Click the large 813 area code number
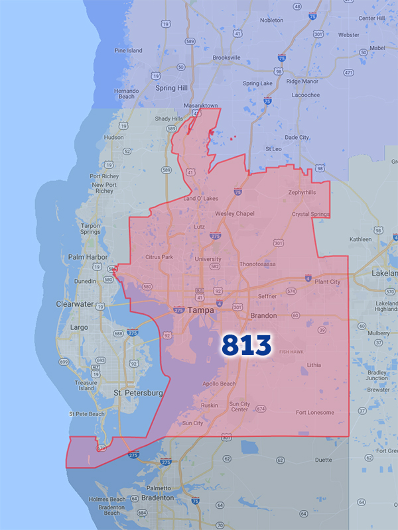246,344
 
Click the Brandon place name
264,316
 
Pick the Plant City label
327,282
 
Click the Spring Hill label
171,88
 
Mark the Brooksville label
226,58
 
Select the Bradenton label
142,497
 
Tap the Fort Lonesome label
315,413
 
